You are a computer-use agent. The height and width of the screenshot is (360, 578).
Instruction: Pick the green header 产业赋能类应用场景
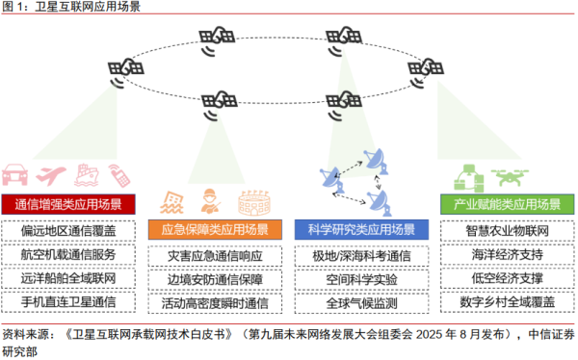point(500,205)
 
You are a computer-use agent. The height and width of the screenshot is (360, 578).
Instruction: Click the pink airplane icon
point(52,174)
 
